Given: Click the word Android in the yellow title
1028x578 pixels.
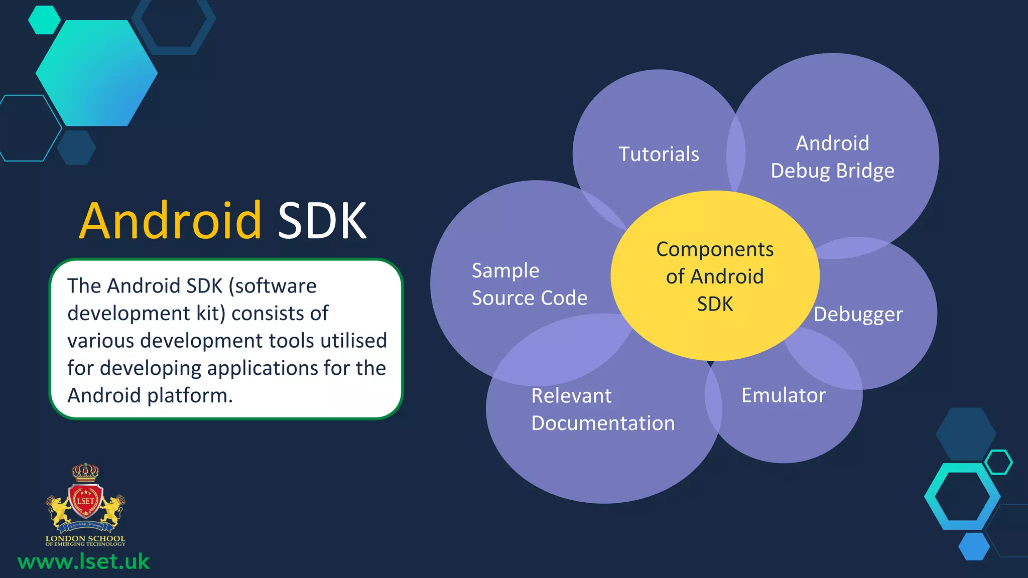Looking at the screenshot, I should point(170,221).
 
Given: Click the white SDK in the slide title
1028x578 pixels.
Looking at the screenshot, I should point(322,221).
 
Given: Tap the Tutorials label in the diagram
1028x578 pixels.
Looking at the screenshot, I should point(659,154).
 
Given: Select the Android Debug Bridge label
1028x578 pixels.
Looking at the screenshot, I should point(832,157).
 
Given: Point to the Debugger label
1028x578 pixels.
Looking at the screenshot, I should point(858,315).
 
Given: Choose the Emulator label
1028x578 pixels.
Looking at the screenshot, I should point(783,395).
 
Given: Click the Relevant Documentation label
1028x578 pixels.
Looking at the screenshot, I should point(602,409).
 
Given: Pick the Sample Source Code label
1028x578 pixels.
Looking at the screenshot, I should point(529,284).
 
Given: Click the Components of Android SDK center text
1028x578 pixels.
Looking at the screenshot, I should point(715,276).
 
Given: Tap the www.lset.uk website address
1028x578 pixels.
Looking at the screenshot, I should point(83,561).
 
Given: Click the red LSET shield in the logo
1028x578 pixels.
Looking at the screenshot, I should point(85,501).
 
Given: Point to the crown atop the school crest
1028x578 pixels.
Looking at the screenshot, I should point(85,472).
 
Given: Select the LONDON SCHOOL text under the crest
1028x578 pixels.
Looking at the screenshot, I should point(85,538).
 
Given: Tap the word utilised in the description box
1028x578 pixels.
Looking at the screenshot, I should point(353,341).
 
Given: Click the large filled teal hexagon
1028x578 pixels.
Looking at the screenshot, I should point(96,73).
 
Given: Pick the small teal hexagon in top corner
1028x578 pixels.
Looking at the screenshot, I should point(44,20).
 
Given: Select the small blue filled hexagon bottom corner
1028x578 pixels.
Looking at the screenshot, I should point(974,546).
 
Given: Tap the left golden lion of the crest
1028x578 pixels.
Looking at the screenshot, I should point(59,509).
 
